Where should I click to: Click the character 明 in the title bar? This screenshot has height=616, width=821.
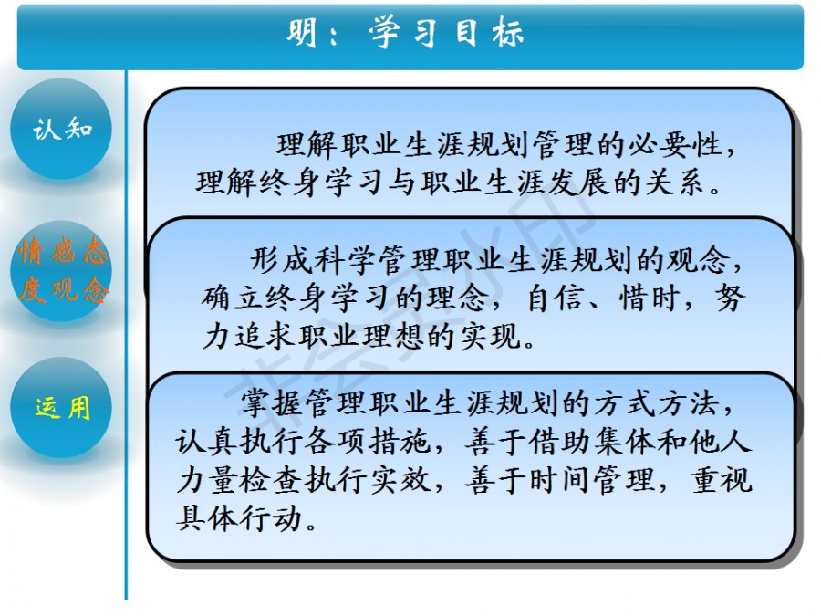(x=302, y=33)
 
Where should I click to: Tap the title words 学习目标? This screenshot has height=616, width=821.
(x=446, y=33)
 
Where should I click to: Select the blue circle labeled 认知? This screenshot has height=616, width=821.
(x=61, y=129)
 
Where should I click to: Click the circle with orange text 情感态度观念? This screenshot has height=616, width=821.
(x=61, y=271)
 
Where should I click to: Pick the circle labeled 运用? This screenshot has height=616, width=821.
(x=61, y=408)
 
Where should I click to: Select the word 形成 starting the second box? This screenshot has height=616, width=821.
(x=281, y=260)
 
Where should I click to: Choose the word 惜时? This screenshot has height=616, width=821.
(x=649, y=298)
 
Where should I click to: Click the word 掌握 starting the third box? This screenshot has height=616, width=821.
(x=272, y=403)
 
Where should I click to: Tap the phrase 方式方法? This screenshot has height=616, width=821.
(x=657, y=403)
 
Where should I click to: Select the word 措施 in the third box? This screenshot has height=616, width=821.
(x=400, y=442)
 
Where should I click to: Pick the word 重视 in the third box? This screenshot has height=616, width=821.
(x=722, y=480)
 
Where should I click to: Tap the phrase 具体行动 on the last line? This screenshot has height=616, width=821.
(x=240, y=518)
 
